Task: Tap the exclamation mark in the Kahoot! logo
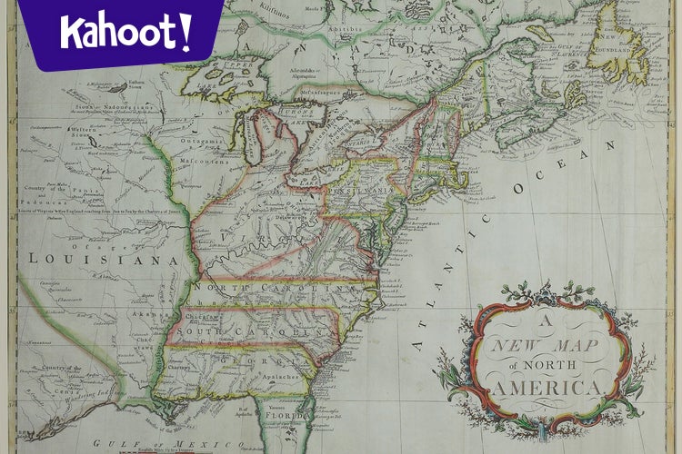tap(186, 31)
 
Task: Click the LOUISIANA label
tap(102, 260)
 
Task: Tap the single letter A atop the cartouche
tap(548, 320)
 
